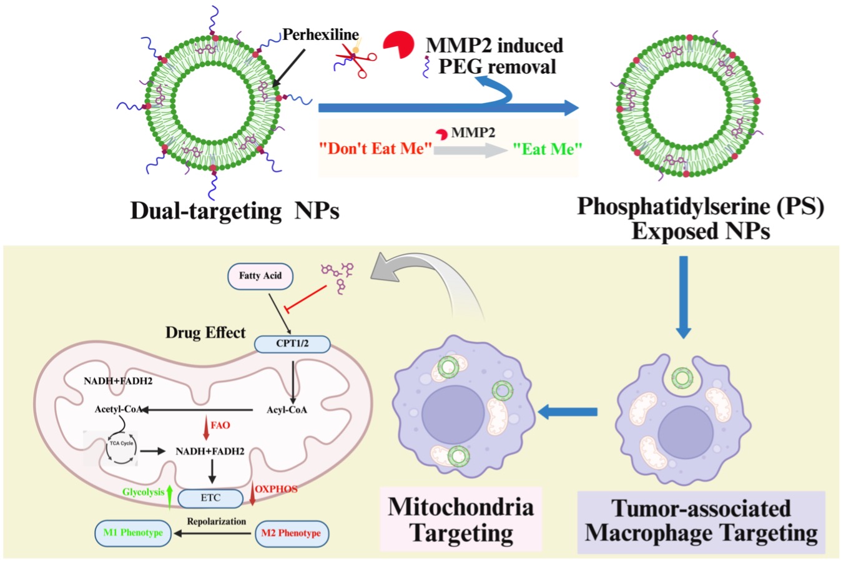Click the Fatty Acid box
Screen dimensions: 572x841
pos(260,275)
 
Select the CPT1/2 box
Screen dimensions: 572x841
pos(292,343)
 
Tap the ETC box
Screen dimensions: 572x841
pos(210,498)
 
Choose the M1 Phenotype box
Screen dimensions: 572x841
pos(133,533)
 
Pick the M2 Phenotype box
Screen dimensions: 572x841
pos(291,533)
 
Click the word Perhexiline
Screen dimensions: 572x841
pos(320,35)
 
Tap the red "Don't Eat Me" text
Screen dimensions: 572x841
pos(376,149)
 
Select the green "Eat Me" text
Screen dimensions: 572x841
pos(548,149)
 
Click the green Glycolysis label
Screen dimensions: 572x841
pos(143,492)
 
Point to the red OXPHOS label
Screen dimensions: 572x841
pos(276,489)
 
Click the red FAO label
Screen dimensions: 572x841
pos(220,425)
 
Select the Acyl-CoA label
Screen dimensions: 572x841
pos(287,410)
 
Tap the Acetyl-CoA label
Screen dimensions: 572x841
pos(118,410)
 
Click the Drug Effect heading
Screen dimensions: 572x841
pos(205,332)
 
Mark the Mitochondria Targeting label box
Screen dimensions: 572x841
pos(461,520)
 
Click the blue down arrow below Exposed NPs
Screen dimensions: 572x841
pos(684,297)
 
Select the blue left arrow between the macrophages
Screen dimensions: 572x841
pos(568,412)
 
